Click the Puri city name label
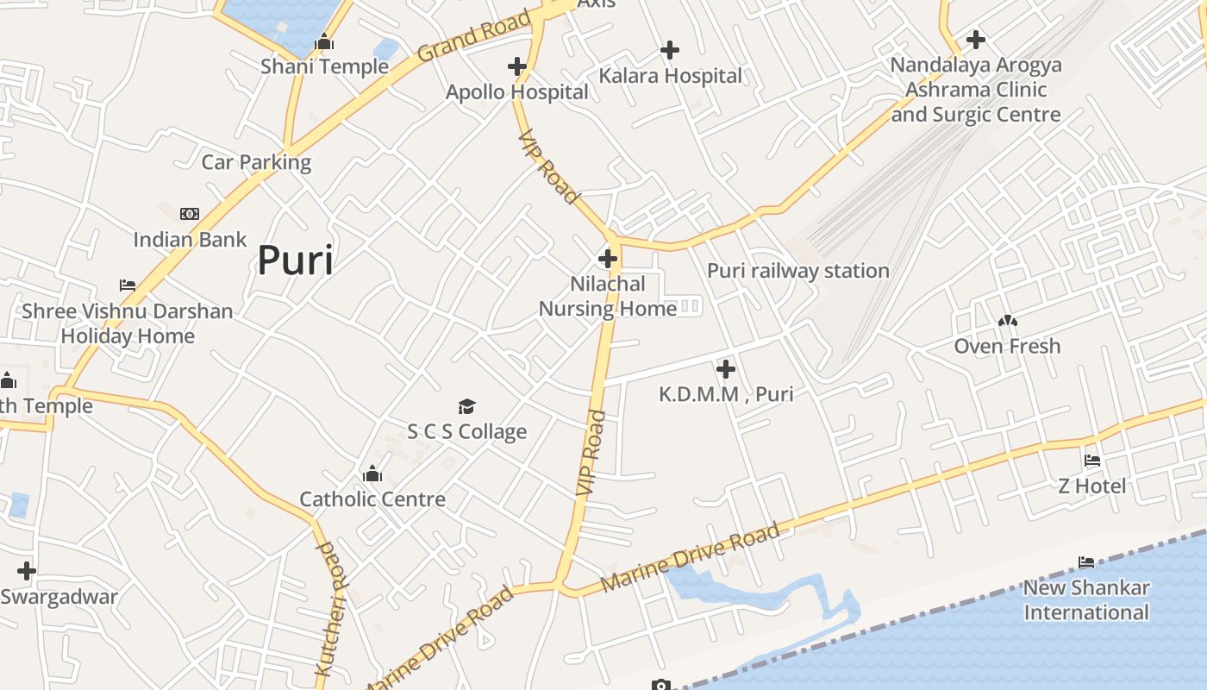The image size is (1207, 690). pos(295,260)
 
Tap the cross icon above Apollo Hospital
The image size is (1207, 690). pos(516,66)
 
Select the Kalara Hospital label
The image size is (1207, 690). pos(670,76)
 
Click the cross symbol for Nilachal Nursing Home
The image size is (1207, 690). pos(608,258)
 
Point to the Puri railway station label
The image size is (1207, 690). pos(797,271)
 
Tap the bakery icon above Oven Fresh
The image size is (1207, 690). pos(1007,321)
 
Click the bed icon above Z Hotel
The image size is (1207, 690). pos(1092,461)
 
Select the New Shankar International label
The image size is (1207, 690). pos(1085,600)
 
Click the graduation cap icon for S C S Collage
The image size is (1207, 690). pos(466,406)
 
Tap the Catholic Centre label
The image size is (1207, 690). pos(372,499)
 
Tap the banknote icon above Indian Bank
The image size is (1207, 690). pos(190,214)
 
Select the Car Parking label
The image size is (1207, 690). pos(256,162)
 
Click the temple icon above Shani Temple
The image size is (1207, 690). pos(324,41)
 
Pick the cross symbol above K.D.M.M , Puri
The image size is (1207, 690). pos(726,369)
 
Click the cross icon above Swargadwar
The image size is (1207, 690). pos(27,570)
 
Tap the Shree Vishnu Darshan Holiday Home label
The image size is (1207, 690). pos(128,323)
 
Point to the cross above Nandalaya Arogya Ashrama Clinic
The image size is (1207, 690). pos(975,40)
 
